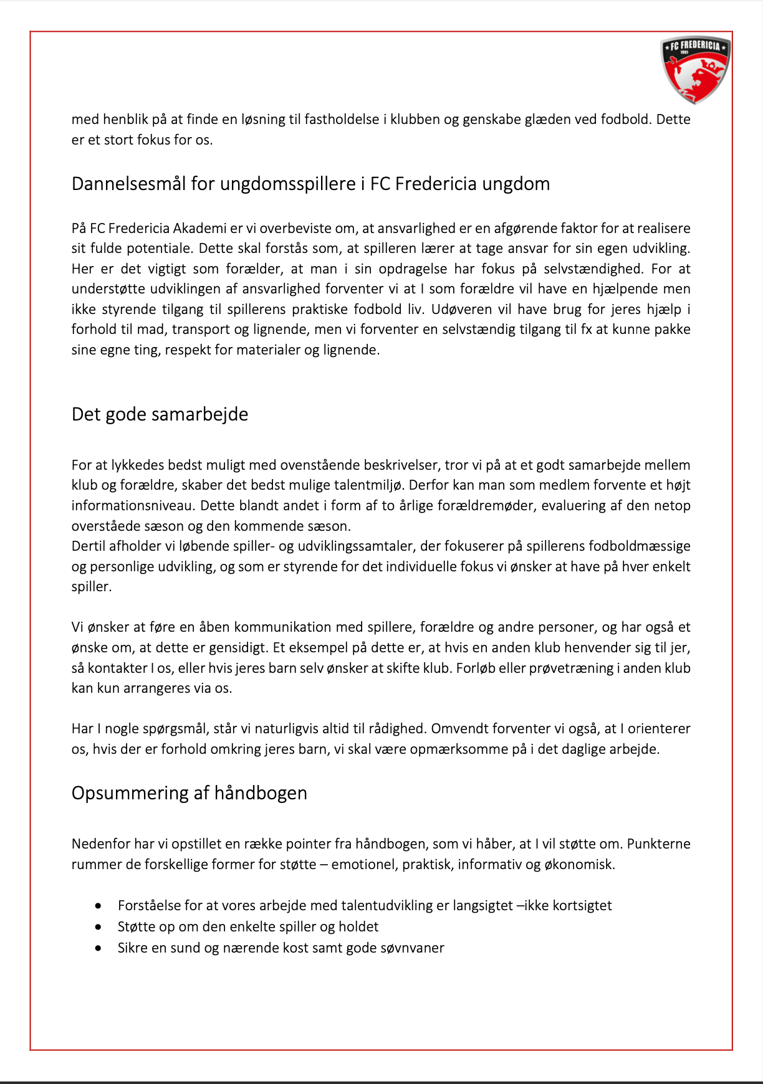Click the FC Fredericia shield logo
(696, 69)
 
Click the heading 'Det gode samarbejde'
(160, 414)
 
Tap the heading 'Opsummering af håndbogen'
(189, 793)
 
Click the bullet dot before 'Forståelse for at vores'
(98, 905)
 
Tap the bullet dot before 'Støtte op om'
(98, 926)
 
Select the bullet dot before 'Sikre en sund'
(98, 948)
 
